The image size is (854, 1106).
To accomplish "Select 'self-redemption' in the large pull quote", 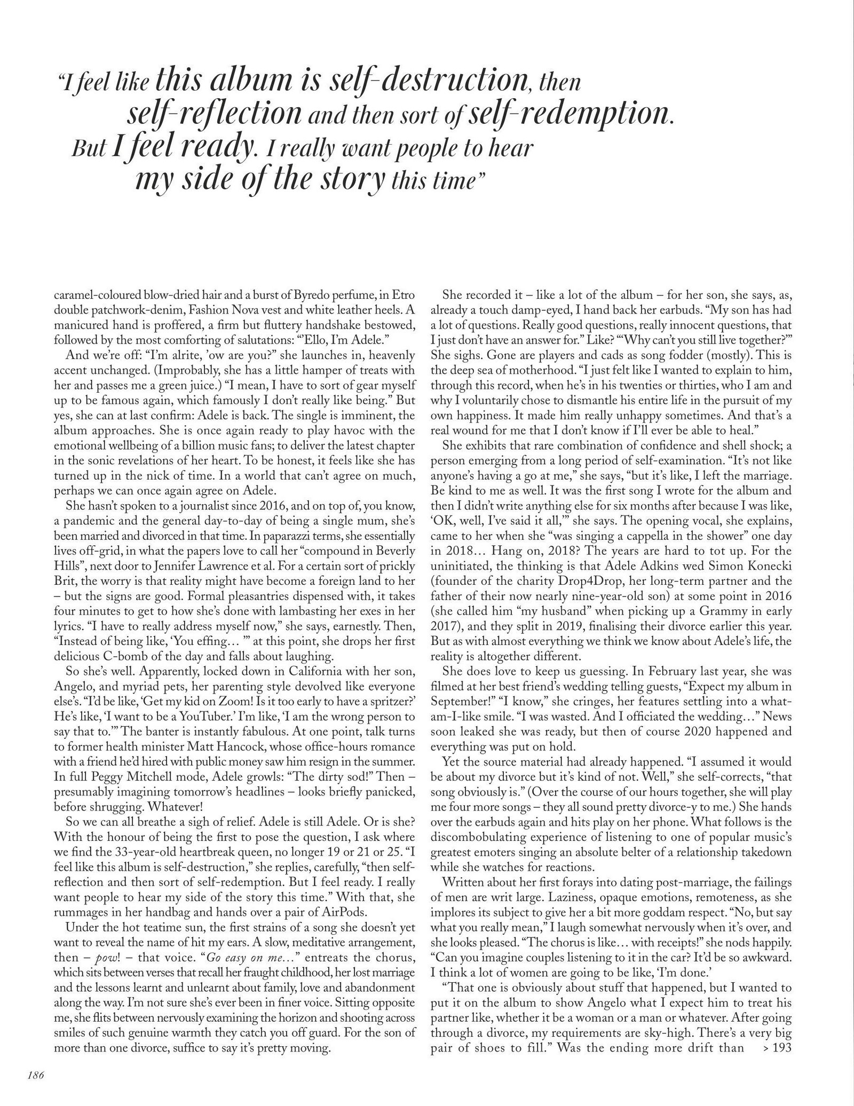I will pos(568,113).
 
